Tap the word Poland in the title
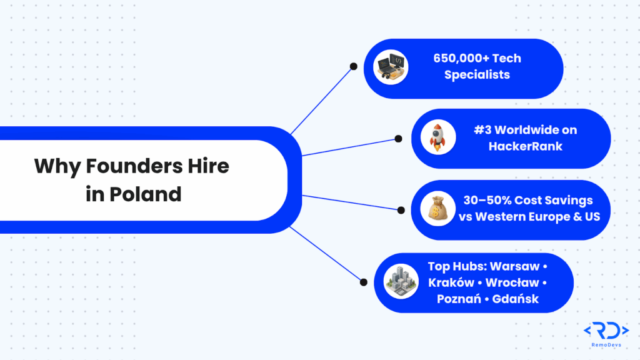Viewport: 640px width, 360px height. click(x=146, y=194)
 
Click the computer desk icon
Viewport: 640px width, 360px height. click(x=391, y=66)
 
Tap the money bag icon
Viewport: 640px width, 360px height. click(x=437, y=209)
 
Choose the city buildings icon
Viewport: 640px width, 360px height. click(x=401, y=281)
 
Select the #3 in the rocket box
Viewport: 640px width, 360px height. click(x=485, y=130)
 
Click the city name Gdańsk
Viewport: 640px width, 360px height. click(x=515, y=299)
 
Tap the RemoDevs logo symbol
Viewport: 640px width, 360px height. click(x=606, y=332)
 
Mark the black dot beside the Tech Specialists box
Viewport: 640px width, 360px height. click(x=353, y=65)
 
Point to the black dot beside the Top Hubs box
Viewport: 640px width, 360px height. click(x=363, y=282)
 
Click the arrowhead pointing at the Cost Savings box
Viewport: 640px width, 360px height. click(x=399, y=209)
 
